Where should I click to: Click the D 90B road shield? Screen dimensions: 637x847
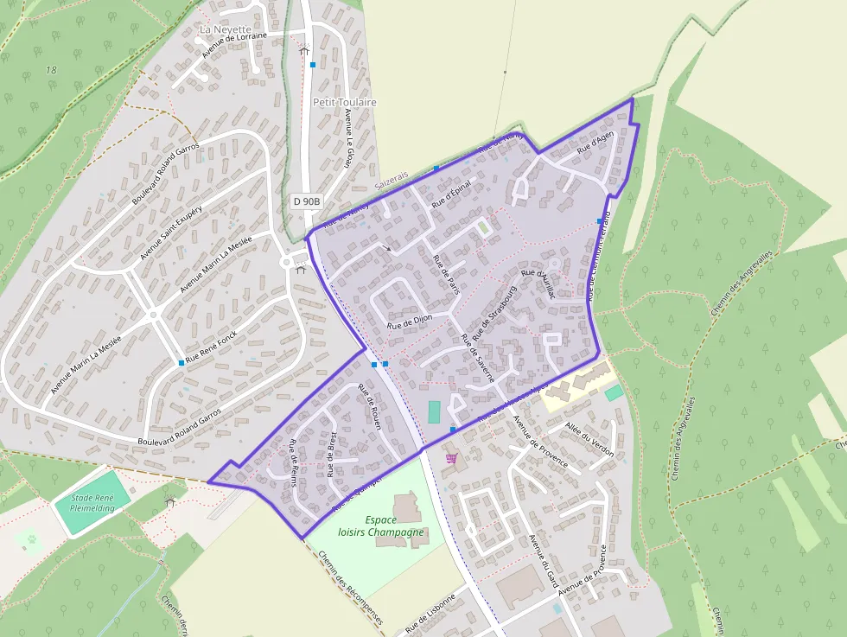306,201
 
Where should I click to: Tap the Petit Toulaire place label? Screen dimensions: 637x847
344,102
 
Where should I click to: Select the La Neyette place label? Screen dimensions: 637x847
218,29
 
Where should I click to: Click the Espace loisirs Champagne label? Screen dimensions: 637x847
394,526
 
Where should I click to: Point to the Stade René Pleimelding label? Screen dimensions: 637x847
92,502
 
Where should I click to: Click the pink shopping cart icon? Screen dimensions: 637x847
450,458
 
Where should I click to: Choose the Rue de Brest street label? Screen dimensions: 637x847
330,455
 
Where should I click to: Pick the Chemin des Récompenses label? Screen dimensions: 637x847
349,589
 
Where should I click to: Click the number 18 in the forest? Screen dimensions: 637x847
51,69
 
